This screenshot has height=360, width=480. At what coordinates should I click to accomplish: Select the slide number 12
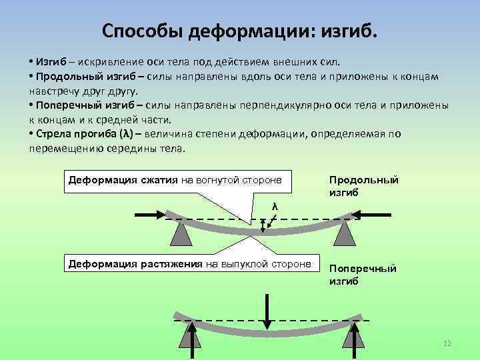coord(447,343)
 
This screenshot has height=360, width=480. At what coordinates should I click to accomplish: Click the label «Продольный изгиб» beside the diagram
coord(363,186)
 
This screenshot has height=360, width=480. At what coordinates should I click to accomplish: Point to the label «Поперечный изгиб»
coord(363,274)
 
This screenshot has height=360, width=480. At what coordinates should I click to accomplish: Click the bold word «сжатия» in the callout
coord(160,180)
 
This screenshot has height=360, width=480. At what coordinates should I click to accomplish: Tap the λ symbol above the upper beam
coord(274,207)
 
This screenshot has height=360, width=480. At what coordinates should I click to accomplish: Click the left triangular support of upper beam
coord(181,234)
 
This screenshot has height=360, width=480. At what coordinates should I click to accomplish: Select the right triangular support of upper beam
coord(345,234)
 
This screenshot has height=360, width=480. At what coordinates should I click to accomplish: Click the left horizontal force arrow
coord(150,215)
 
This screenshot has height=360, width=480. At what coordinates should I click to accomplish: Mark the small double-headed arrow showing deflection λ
coord(268,224)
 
